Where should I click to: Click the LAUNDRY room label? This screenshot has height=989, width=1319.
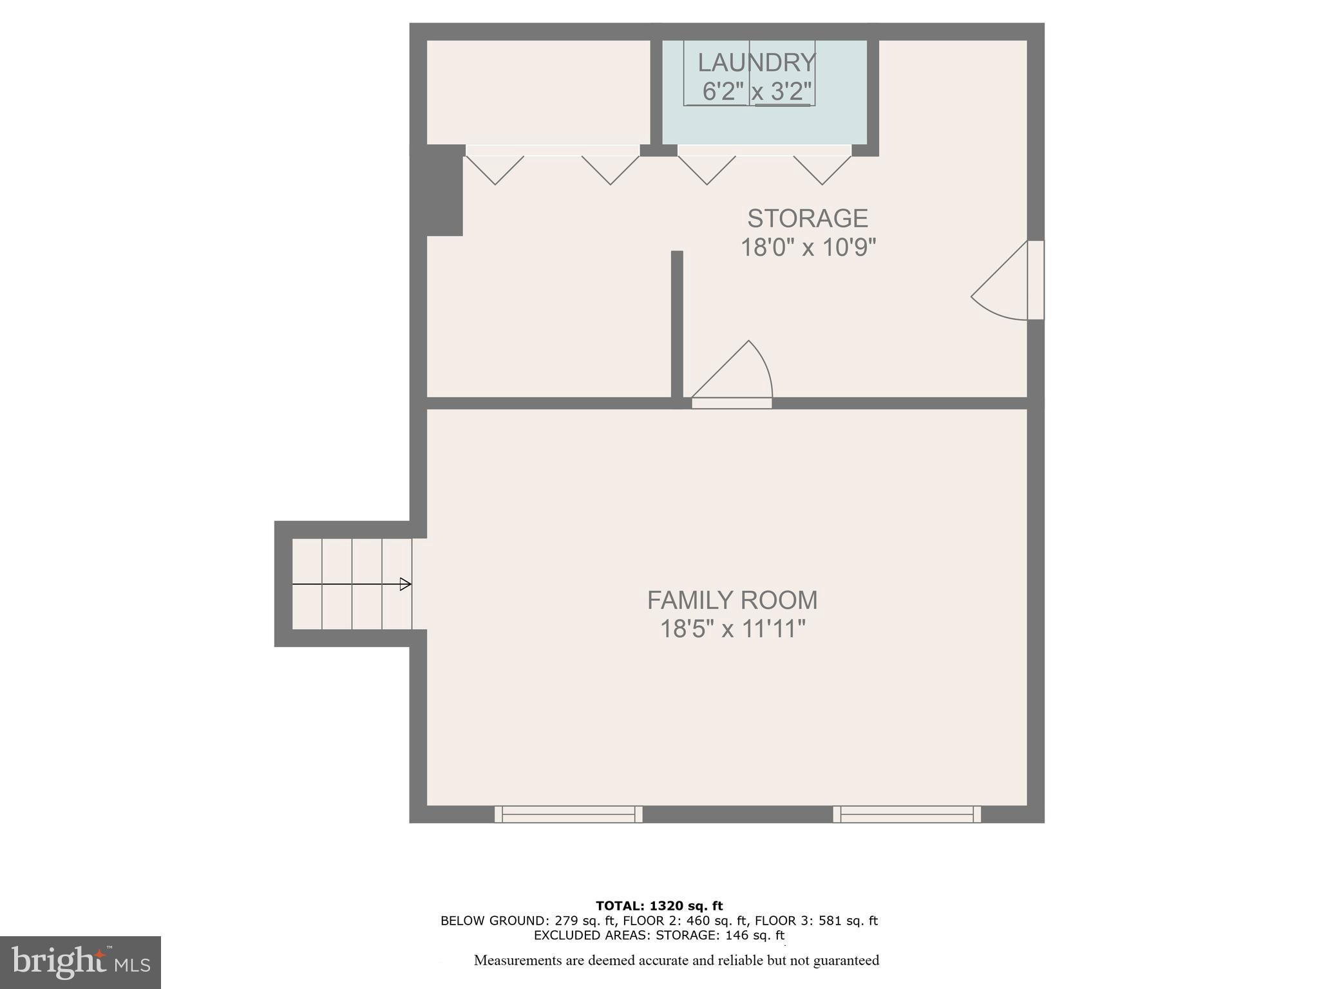[757, 62]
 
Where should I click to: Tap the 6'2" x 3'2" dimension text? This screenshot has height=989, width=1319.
[757, 91]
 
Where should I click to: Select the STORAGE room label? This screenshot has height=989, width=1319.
[808, 218]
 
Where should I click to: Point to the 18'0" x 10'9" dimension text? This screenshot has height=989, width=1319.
[808, 247]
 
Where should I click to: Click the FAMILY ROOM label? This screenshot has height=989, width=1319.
[732, 600]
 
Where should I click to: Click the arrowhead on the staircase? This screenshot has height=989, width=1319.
[405, 584]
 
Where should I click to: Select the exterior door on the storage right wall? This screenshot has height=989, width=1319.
[1035, 280]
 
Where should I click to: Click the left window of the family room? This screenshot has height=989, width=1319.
[569, 815]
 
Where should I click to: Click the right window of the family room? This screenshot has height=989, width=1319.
[907, 815]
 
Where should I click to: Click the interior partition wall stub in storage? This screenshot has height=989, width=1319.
[677, 325]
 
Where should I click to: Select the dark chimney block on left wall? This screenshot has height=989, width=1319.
[444, 190]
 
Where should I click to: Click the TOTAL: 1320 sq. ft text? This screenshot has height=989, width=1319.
[659, 906]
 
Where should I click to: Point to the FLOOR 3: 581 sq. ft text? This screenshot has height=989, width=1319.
[816, 921]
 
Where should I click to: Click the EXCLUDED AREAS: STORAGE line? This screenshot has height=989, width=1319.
[659, 935]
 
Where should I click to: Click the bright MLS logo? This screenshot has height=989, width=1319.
[81, 962]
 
